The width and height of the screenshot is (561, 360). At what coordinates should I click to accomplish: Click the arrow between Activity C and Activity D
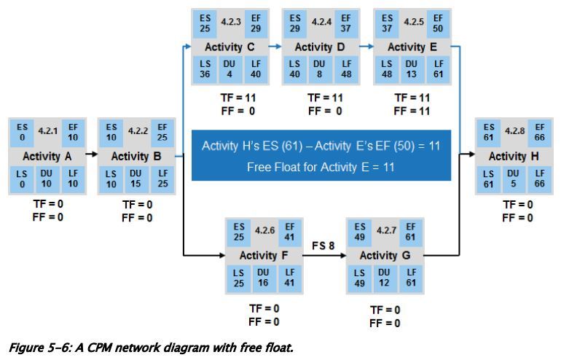tap(273, 46)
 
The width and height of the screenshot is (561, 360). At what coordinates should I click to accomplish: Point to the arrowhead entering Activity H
tap(472, 155)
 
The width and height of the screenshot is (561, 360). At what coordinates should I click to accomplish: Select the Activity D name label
tap(320, 47)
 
